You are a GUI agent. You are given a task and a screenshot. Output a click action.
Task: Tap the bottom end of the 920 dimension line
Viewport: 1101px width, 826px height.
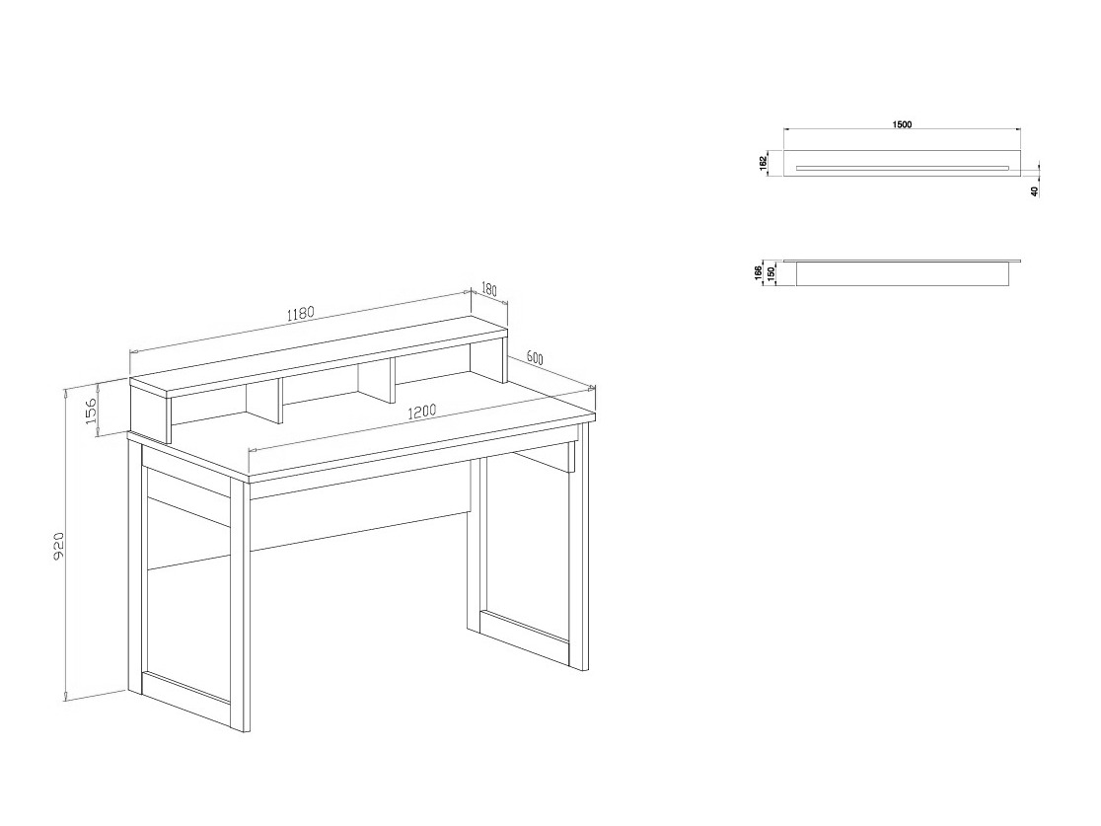point(65,700)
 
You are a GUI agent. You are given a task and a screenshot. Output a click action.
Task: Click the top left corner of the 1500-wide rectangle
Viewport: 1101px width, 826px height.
point(783,150)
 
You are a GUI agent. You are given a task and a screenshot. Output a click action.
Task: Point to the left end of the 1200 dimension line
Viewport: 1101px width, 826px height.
point(250,450)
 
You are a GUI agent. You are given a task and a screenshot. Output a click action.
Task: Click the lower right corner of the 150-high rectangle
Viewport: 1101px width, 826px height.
point(1009,286)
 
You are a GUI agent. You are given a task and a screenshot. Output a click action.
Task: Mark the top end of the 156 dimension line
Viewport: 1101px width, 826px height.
point(99,384)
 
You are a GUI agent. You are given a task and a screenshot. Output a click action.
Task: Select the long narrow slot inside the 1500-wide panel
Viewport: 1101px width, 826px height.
point(903,168)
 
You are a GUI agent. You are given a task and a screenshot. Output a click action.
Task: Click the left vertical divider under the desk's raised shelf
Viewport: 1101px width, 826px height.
point(264,404)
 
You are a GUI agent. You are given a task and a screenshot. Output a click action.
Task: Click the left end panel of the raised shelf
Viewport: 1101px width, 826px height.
point(150,414)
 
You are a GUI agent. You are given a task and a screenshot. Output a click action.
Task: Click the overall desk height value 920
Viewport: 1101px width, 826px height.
point(59,546)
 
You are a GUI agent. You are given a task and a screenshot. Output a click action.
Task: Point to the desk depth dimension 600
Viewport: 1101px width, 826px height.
point(535,358)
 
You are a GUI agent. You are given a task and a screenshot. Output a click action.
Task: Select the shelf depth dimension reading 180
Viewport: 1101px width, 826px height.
point(489,289)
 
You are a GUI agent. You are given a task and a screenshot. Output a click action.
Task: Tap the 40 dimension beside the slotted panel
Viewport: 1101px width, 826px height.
point(1034,190)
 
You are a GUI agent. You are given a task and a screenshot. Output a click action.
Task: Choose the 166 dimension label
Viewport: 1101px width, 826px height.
point(759,271)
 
